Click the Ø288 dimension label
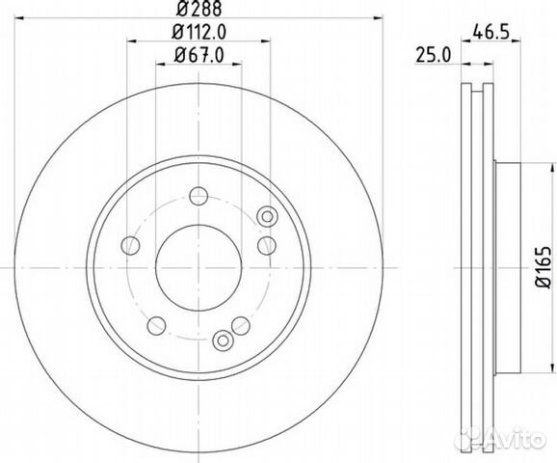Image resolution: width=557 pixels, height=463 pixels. tap(199, 9)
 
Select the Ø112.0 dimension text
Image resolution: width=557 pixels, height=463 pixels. tap(199, 33)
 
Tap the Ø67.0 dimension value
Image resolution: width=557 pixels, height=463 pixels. tap(199, 55)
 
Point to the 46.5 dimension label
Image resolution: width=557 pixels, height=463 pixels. tap(491, 33)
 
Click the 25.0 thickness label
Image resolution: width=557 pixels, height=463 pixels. tap(434, 56)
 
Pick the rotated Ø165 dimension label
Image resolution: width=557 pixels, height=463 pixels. tap(544, 267)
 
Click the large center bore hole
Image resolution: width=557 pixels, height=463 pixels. tap(199, 268)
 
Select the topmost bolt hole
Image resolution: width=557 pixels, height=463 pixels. tap(199, 196)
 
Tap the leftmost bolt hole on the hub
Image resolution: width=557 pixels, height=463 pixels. tap(130, 245)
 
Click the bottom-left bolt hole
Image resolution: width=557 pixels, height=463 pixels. tap(156, 326)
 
